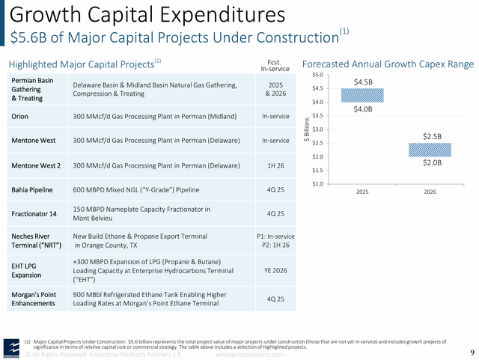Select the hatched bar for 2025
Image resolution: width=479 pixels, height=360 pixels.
tap(362, 95)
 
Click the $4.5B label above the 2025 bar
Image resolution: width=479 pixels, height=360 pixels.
tap(363, 81)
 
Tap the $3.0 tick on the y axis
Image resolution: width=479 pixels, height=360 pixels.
tap(317, 129)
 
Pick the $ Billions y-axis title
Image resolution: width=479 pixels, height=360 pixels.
tap(306, 129)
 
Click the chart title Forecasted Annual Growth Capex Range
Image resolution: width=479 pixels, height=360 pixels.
tap(388, 64)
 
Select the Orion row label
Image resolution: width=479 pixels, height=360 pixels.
tap(20, 117)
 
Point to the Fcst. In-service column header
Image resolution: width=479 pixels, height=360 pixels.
tap(274, 65)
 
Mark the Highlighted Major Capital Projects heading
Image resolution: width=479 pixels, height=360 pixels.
tap(82, 64)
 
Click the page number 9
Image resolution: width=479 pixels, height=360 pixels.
tap(472, 353)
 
